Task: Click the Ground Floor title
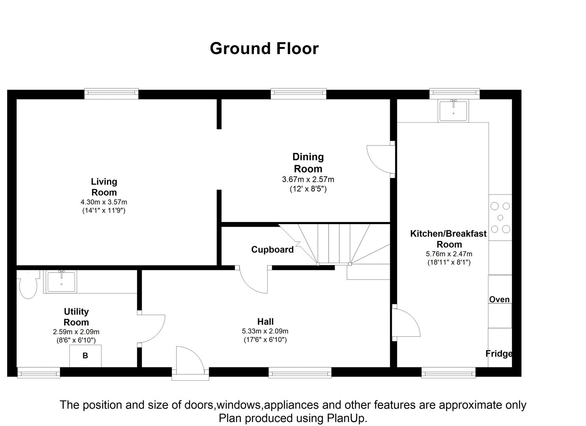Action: pyautogui.click(x=264, y=49)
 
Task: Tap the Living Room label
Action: pyautogui.click(x=104, y=187)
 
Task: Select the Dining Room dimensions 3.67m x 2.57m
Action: pyautogui.click(x=308, y=179)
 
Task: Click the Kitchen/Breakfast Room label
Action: pyautogui.click(x=449, y=239)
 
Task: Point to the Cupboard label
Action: pyautogui.click(x=272, y=250)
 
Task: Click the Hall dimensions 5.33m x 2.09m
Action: pyautogui.click(x=265, y=331)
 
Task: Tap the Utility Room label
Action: pyautogui.click(x=76, y=317)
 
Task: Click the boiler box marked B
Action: pyautogui.click(x=85, y=356)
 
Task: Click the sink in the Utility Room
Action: pyautogui.click(x=62, y=282)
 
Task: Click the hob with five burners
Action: pyautogui.click(x=500, y=217)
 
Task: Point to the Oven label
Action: pyautogui.click(x=499, y=299)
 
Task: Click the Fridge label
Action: pyautogui.click(x=499, y=354)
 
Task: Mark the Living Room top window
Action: pyautogui.click(x=111, y=93)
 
